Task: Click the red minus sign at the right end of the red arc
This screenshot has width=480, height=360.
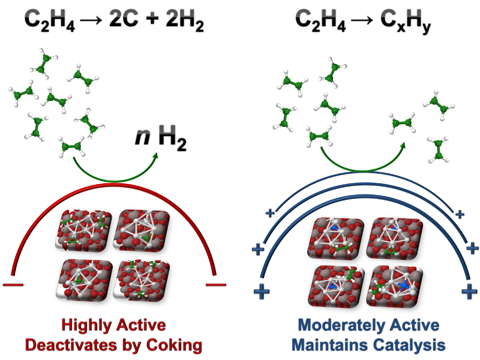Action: click(216, 284)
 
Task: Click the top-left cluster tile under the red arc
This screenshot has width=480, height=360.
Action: click(85, 229)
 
